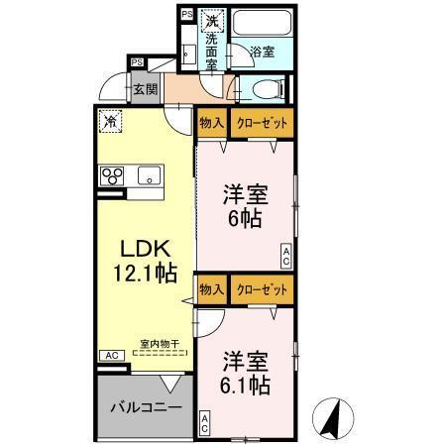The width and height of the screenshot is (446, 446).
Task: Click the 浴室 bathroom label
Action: [262, 50]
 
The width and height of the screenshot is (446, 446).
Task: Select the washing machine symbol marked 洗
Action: [211, 19]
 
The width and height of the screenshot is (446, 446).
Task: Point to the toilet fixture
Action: [267, 89]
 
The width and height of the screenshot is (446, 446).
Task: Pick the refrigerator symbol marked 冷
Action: [111, 122]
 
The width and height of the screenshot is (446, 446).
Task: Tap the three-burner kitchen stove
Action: [112, 178]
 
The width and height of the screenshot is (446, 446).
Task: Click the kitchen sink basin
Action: [150, 178]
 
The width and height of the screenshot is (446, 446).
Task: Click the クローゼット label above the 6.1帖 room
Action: [263, 289]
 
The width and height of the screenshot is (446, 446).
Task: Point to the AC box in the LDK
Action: [111, 354]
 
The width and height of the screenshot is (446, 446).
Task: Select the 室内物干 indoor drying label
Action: [159, 343]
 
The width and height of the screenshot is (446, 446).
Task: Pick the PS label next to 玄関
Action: [138, 62]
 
